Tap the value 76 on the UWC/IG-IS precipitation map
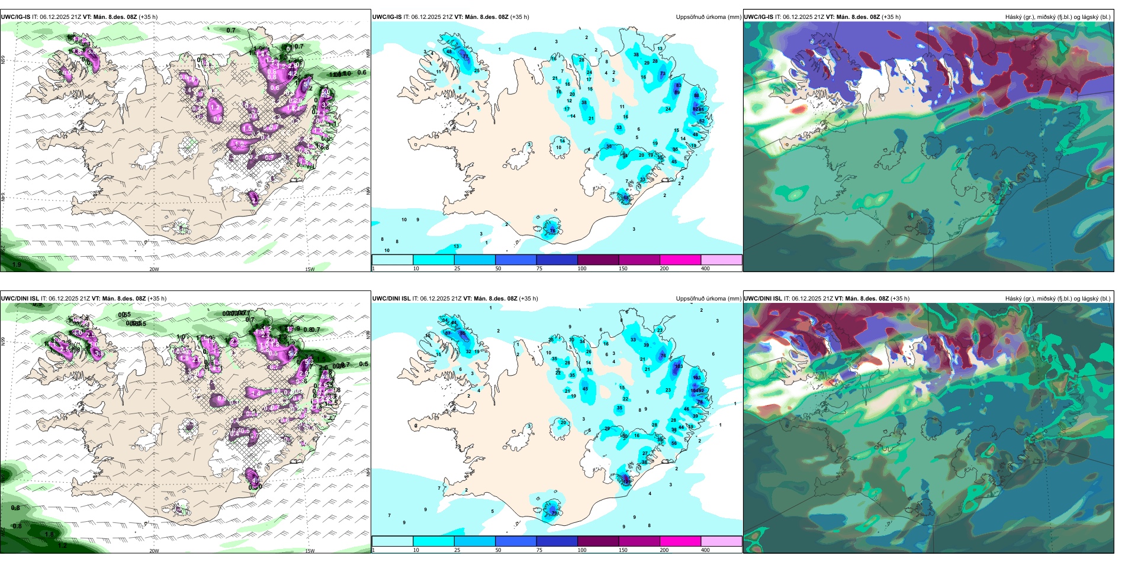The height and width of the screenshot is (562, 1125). click(552, 230)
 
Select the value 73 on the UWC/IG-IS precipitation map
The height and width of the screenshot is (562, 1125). click(663, 74)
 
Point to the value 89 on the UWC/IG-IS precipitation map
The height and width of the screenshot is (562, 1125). click(677, 92)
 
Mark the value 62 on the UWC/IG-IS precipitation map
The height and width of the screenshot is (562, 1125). click(702, 121)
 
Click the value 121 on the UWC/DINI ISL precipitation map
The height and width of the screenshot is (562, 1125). click(626, 482)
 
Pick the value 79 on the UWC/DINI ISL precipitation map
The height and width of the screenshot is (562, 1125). click(554, 513)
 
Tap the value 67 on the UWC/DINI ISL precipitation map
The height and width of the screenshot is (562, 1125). click(448, 334)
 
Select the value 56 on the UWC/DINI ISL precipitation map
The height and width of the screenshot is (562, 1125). click(674, 443)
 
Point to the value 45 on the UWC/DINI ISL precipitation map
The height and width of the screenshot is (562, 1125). click(585, 389)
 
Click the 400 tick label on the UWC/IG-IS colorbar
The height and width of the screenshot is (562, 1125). click(705, 269)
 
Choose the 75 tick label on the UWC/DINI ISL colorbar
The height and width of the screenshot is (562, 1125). click(539, 550)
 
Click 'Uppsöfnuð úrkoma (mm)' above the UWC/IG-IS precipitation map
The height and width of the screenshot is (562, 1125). click(708, 17)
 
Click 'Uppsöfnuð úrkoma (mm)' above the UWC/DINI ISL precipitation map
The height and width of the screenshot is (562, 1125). click(708, 299)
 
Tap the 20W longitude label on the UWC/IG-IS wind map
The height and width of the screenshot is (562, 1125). click(154, 269)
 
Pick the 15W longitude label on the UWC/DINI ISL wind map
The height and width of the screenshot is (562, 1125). click(310, 551)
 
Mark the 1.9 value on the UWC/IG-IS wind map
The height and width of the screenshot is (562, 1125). click(17, 264)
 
